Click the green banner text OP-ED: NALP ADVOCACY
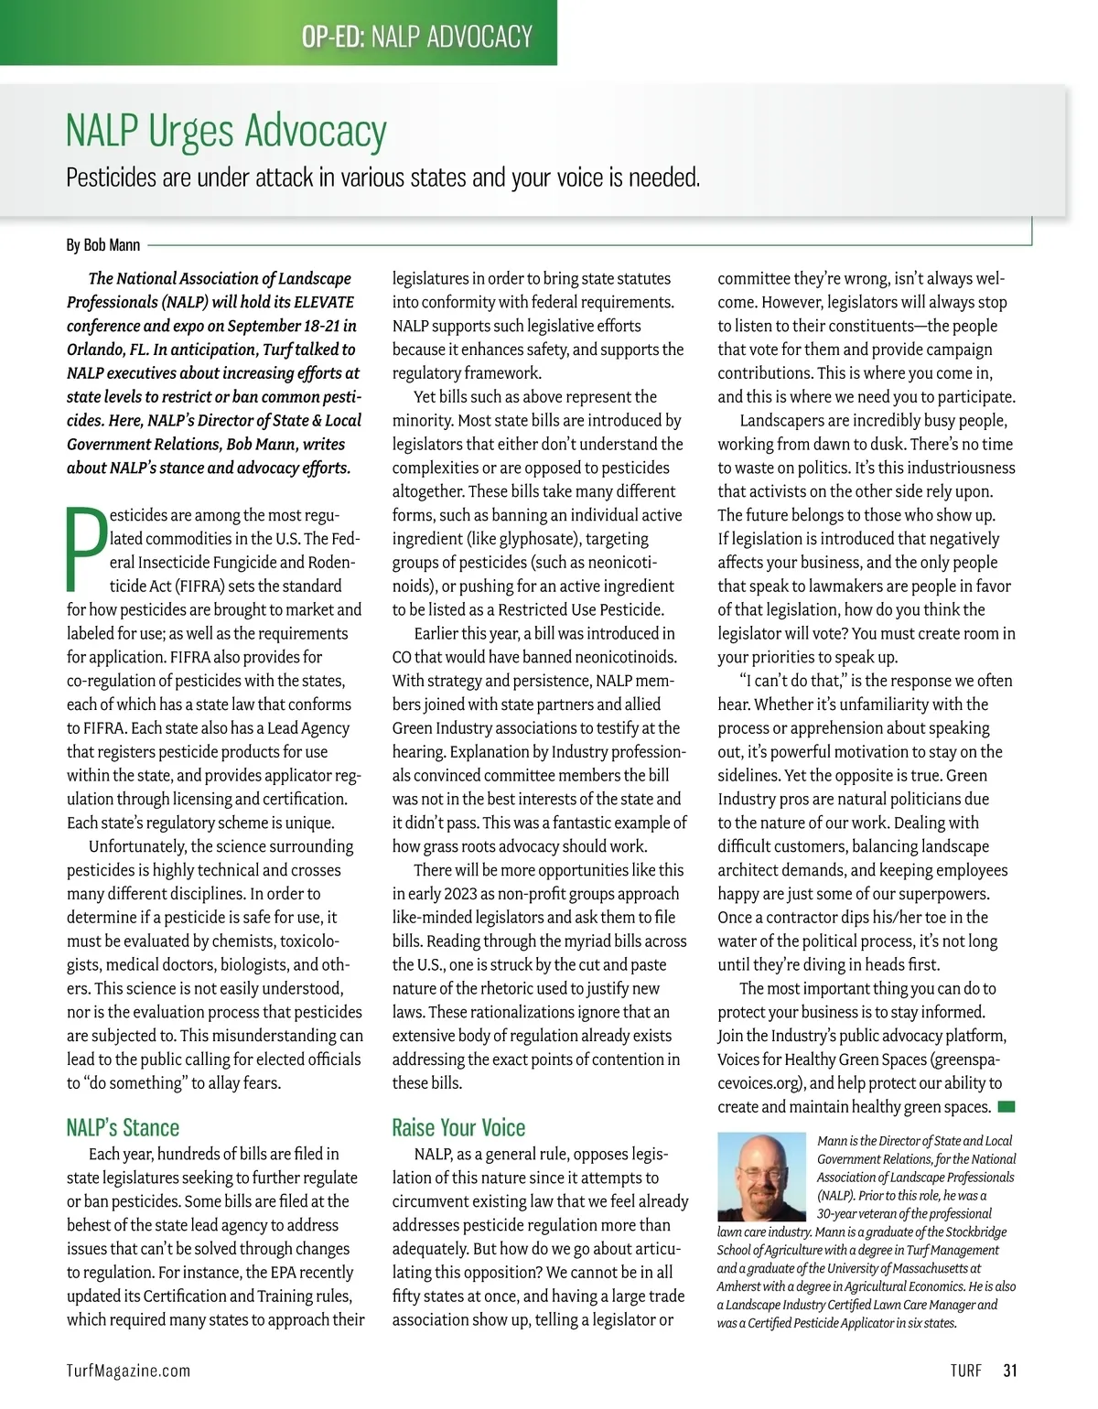tap(416, 37)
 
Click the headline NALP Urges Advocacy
tap(226, 132)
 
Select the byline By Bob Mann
tap(103, 245)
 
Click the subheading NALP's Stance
tap(123, 1127)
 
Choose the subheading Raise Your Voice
tap(458, 1127)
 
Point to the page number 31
tap(1010, 1371)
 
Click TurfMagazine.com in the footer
tap(129, 1371)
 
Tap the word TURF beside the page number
tap(965, 1371)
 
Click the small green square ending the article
tap(1006, 1107)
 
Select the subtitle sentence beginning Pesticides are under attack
tap(382, 177)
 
